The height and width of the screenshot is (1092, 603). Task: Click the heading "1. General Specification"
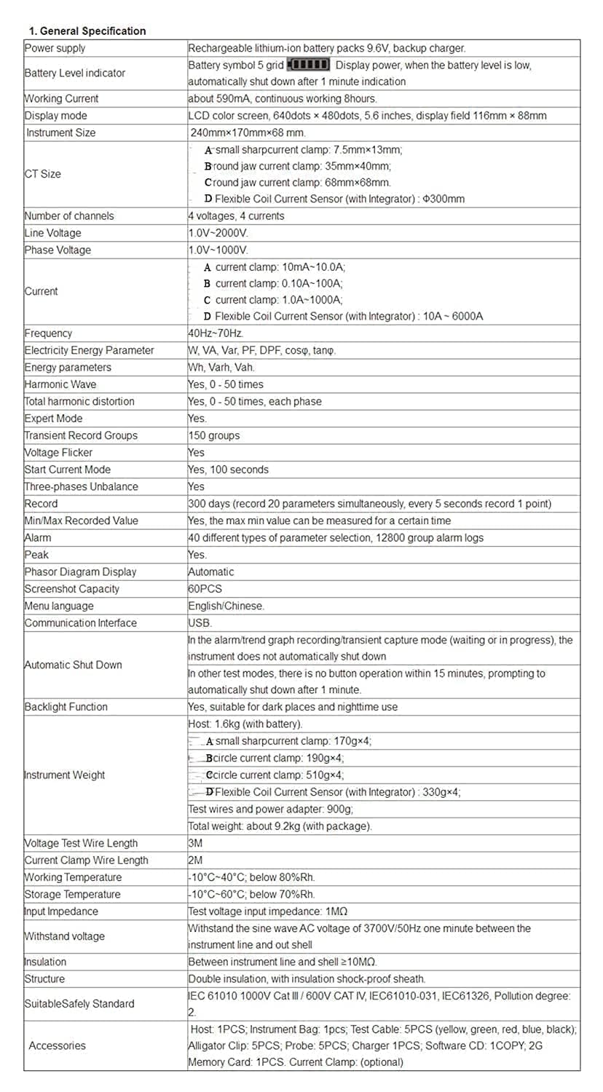87,31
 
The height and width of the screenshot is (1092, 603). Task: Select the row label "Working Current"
61,98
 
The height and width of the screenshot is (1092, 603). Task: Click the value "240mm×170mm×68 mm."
247,132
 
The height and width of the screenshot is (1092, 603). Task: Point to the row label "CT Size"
43,174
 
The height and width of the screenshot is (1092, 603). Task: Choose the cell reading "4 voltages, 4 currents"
236,215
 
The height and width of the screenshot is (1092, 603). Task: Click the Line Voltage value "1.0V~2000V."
218,233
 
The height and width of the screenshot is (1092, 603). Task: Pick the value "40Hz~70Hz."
216,333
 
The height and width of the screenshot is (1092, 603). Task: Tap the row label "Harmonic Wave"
60,384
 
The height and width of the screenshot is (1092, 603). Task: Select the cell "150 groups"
213,435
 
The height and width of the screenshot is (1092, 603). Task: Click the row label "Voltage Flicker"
58,453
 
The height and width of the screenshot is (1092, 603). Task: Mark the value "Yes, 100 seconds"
228,470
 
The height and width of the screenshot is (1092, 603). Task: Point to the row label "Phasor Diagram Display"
80,572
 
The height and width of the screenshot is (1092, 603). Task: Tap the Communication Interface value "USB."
200,623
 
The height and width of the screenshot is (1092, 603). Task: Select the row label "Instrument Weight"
65,775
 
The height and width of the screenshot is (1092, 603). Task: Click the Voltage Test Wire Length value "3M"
195,843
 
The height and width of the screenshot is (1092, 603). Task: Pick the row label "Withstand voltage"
65,936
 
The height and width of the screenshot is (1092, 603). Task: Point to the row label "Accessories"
57,1045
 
